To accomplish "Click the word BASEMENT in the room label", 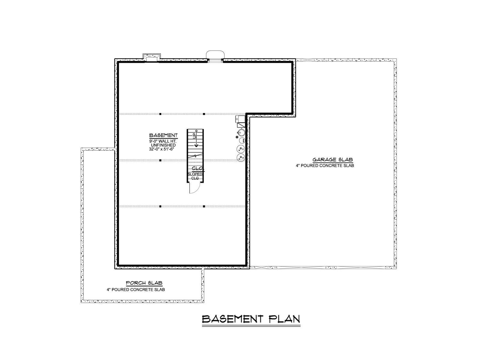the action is click(163, 135).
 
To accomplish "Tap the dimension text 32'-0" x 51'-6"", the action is click(162, 149).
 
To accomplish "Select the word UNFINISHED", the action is click(163, 145).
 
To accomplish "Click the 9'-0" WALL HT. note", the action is click(163, 141).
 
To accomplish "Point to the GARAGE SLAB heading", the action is click(333, 160).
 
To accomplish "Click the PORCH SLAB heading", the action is click(144, 283).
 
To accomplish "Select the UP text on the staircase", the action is click(194, 136).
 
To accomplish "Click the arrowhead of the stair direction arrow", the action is click(196, 145).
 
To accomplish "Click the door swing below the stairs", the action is click(197, 190).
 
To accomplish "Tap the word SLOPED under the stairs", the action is click(195, 174).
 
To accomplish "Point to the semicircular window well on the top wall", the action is click(215, 54).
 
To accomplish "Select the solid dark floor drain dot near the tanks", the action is click(237, 137).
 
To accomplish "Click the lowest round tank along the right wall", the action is click(241, 157).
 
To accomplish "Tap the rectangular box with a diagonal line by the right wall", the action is click(241, 125).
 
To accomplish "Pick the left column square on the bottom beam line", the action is click(160, 206).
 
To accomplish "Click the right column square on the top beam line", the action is click(204, 114).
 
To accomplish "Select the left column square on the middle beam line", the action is click(160, 160).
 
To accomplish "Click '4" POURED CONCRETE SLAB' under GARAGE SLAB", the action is click(325, 166).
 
